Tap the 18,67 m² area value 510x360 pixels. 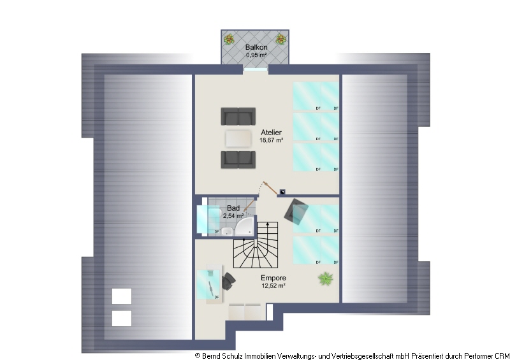[x=271, y=140]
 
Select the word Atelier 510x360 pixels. [x=271, y=133]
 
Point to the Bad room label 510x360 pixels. [x=233, y=208]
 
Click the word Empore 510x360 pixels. [x=273, y=278]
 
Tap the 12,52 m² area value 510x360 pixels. [x=273, y=286]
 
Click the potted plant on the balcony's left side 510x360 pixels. [x=229, y=40]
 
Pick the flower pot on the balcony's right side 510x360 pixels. [x=281, y=40]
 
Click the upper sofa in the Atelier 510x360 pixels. [x=238, y=117]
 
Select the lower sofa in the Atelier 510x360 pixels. [x=238, y=159]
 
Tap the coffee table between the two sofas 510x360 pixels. [x=238, y=138]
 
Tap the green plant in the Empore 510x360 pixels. [x=326, y=278]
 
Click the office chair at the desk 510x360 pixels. [x=228, y=281]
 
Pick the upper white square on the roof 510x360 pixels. [x=122, y=296]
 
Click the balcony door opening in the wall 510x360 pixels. [x=255, y=68]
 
